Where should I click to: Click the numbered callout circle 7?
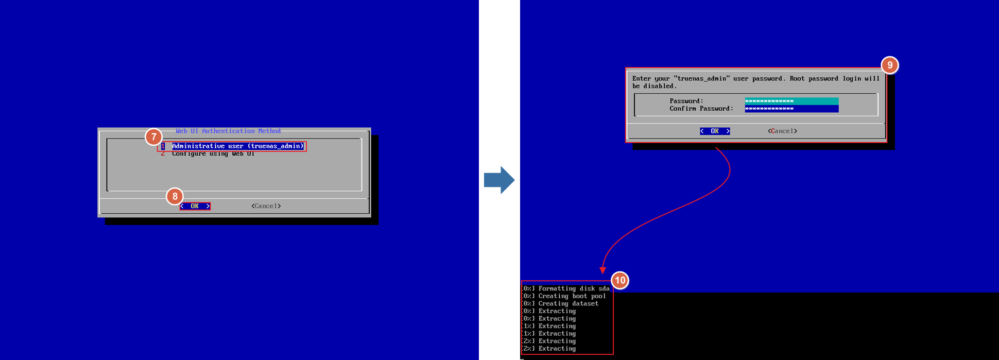(153, 137)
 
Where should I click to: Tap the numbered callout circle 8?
(175, 196)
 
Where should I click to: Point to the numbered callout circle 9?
(889, 65)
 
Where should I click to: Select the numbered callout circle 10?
(620, 281)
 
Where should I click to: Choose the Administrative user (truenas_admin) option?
(237, 146)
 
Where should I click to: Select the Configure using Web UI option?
(213, 154)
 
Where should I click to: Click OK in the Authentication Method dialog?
(195, 206)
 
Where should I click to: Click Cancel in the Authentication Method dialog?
(266, 206)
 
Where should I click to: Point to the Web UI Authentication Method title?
(228, 131)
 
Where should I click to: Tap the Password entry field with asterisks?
(791, 101)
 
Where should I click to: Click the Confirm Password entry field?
(791, 109)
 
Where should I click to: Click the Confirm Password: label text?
(701, 109)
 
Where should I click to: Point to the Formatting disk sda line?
(573, 289)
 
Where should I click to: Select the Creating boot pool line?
(572, 296)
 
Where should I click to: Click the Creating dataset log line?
(568, 304)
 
